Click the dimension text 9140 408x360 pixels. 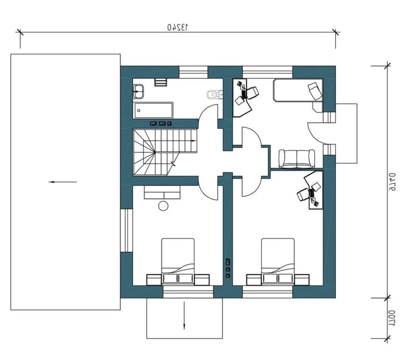(392, 182)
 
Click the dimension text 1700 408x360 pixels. (392, 318)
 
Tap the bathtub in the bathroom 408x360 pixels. (153, 110)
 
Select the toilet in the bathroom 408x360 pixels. (215, 95)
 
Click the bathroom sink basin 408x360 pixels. (138, 91)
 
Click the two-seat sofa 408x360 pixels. (297, 159)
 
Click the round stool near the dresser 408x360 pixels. (164, 206)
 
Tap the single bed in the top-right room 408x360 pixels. (298, 90)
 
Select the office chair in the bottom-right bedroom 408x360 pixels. (303, 194)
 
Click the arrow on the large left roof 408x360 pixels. (62, 182)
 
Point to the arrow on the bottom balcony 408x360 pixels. (184, 315)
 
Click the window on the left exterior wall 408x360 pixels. (126, 230)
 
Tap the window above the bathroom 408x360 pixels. (193, 72)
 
